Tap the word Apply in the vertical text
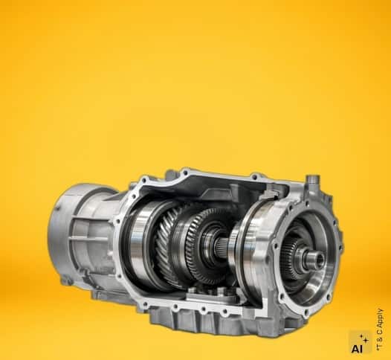click(380, 318)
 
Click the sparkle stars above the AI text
click(364, 338)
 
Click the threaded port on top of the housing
click(311, 181)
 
